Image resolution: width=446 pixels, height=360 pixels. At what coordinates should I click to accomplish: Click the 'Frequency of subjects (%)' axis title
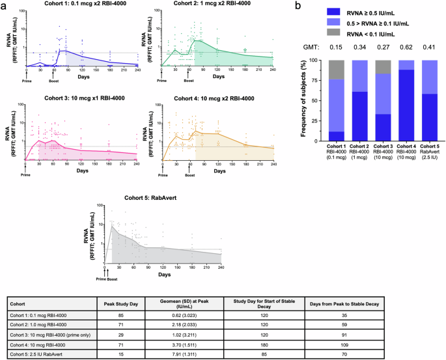click(x=305, y=100)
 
